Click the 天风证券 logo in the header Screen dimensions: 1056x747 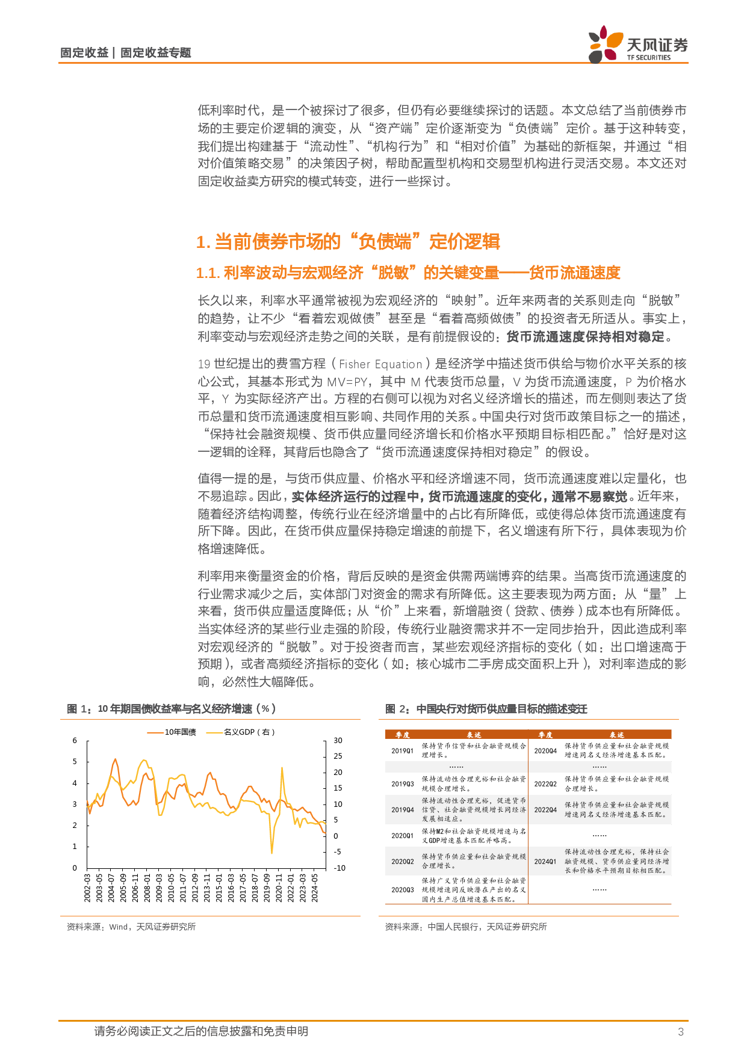click(638, 45)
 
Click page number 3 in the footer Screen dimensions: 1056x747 click(681, 1031)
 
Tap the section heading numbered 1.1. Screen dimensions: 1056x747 click(408, 273)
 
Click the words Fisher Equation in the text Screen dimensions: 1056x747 click(380, 364)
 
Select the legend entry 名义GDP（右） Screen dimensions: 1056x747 click(241, 732)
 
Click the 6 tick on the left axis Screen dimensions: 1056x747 click(75, 741)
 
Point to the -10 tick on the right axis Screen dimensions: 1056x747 click(339, 868)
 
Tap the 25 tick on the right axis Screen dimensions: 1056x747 click(338, 756)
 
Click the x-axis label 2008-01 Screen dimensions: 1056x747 click(147, 888)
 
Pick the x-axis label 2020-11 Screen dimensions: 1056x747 click(279, 888)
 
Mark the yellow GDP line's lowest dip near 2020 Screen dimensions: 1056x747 click(272, 852)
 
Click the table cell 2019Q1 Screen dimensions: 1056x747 click(402, 751)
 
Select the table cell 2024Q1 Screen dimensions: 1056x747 click(545, 862)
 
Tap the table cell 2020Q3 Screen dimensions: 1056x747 click(402, 890)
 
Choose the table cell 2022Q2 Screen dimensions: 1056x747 click(545, 784)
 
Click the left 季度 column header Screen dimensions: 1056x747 click(402, 735)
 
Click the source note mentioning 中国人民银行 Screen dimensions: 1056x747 click(466, 927)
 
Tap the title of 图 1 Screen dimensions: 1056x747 click(172, 709)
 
